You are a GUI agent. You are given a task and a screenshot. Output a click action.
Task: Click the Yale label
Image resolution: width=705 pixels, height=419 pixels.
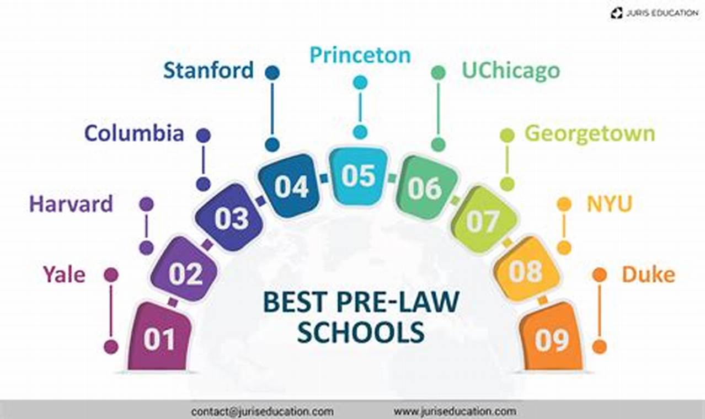click(x=65, y=274)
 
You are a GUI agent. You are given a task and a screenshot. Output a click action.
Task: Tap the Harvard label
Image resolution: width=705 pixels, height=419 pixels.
click(x=71, y=204)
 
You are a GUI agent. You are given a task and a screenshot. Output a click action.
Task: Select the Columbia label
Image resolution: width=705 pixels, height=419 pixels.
click(x=134, y=133)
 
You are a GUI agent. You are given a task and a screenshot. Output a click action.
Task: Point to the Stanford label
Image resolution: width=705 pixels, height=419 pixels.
click(x=209, y=71)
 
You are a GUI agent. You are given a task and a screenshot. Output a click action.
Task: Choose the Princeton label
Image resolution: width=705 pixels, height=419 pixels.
click(x=360, y=55)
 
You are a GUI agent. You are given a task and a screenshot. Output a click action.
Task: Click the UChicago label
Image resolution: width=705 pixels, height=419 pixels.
click(x=511, y=71)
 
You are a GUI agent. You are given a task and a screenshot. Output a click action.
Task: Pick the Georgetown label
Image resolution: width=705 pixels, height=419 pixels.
click(x=589, y=133)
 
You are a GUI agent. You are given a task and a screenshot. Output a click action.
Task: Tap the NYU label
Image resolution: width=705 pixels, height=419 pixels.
click(x=609, y=204)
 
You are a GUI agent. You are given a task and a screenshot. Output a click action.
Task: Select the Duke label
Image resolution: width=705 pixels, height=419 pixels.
click(x=648, y=274)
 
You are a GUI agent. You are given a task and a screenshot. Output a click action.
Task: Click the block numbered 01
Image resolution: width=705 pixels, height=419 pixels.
click(x=159, y=337)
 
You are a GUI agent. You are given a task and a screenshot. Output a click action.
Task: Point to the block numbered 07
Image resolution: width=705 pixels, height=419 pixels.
click(x=483, y=221)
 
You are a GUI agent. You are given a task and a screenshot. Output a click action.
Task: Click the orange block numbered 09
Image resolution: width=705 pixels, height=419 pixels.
click(x=552, y=339)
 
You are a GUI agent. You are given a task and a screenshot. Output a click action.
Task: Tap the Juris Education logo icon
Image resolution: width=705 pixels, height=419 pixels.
click(x=616, y=12)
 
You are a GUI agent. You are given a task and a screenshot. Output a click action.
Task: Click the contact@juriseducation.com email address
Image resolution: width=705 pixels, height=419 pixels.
click(x=263, y=411)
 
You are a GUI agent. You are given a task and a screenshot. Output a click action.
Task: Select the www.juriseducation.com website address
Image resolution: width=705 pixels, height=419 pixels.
click(x=455, y=411)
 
